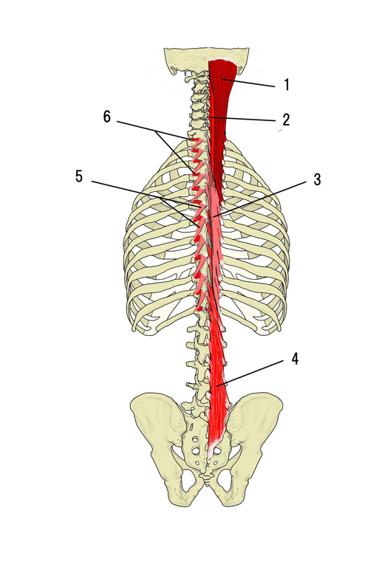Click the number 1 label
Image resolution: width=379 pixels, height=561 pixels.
point(286,85)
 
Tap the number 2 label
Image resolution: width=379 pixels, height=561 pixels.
point(285,120)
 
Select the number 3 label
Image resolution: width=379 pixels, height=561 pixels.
point(317,179)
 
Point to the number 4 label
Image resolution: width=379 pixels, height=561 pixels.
point(295,359)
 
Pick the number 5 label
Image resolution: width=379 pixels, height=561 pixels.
point(79,176)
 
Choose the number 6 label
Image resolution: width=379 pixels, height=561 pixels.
point(107,117)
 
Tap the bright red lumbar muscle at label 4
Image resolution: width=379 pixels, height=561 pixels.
point(217,386)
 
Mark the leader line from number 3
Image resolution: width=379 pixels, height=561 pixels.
point(259,199)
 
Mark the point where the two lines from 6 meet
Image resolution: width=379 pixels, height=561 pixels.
point(157,131)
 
